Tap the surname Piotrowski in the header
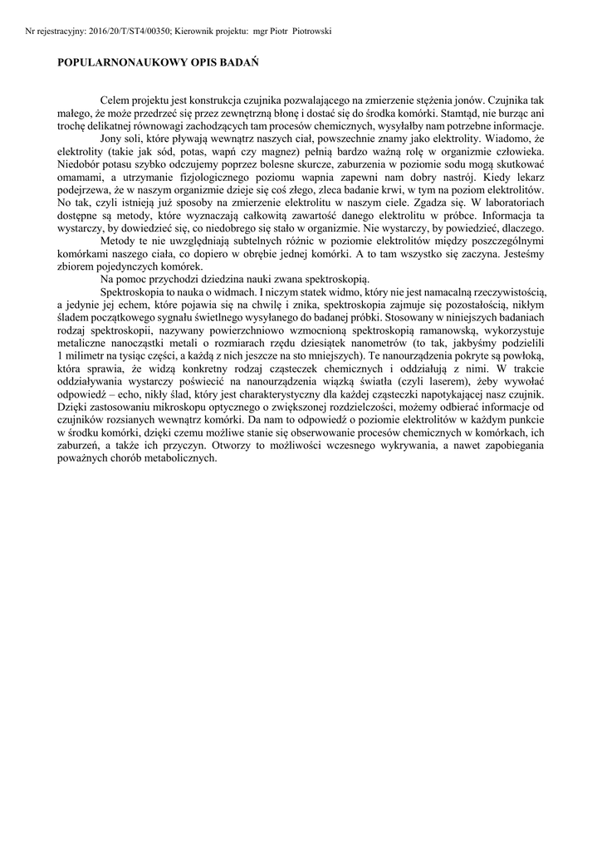pos(309,31)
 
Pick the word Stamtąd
pos(441,111)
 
